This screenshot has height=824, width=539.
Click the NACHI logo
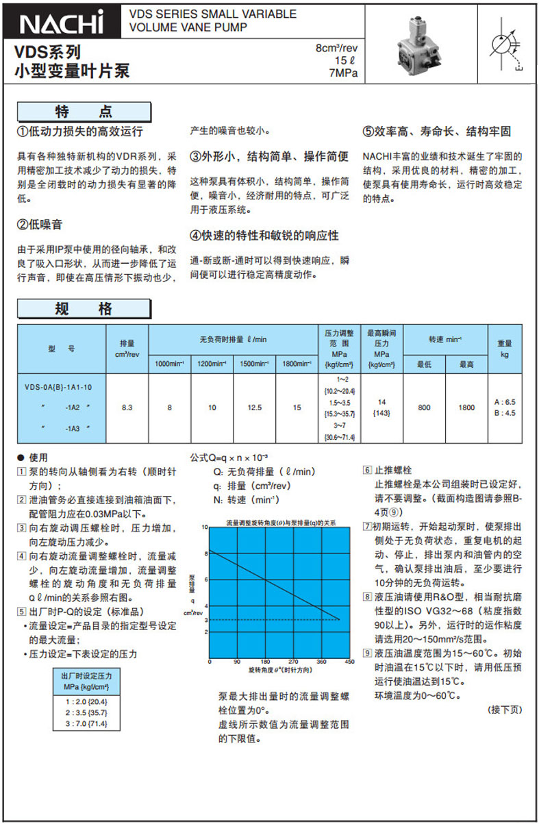coord(62,22)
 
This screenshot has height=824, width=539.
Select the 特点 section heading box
coord(84,112)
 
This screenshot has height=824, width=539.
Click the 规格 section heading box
coord(84,309)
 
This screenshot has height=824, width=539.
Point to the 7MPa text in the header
coord(343,72)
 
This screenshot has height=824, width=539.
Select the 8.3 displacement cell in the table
coord(127,408)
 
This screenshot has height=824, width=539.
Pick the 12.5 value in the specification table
coord(254,408)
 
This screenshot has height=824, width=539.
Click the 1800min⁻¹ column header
coord(297,363)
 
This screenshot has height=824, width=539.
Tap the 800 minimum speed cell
coord(424,408)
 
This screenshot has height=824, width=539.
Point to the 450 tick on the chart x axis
coord(349,662)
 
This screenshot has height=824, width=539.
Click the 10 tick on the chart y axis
coord(203,527)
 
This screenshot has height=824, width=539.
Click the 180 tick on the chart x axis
coord(265,662)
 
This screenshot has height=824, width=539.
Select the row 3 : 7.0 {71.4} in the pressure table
coord(86,723)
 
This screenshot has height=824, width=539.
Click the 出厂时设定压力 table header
coord(86,680)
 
